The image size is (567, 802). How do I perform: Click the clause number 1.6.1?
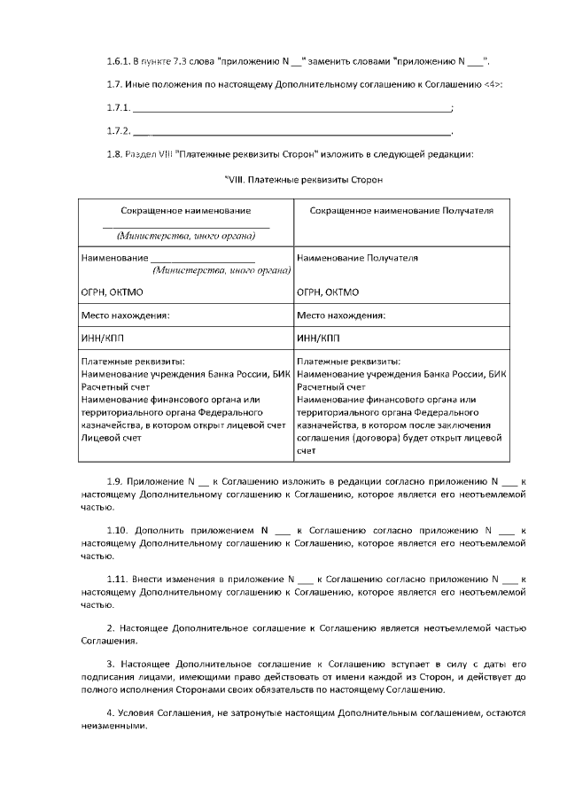tap(118, 60)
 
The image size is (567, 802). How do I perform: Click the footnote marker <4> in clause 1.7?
tap(493, 84)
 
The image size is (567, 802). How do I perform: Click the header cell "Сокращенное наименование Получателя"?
tap(400, 211)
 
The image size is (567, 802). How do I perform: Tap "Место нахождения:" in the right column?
tap(341, 315)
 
